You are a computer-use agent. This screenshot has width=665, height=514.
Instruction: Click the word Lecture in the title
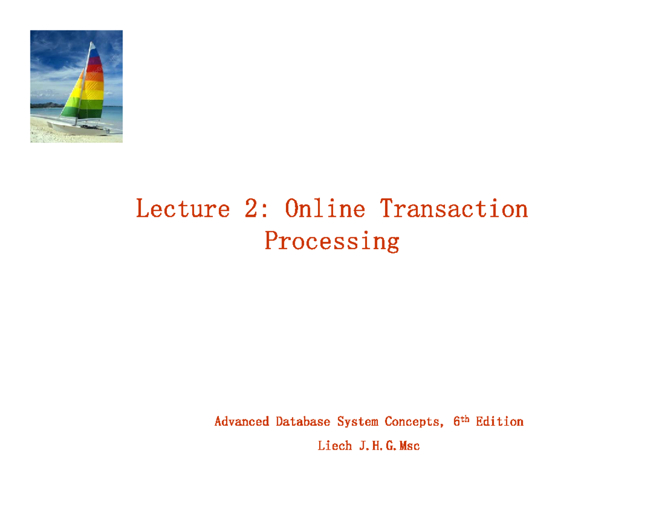(182, 209)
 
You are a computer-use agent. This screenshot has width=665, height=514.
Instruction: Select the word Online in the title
(325, 209)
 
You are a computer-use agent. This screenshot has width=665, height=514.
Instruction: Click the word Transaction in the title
(454, 209)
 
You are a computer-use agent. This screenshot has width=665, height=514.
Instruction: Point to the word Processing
(331, 241)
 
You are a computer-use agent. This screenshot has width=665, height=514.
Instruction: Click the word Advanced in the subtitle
(242, 422)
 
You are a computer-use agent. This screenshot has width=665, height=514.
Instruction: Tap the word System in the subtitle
(358, 422)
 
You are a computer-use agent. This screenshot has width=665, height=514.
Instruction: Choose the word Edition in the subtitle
(499, 422)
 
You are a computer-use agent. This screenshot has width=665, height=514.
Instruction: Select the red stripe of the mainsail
(95, 69)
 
